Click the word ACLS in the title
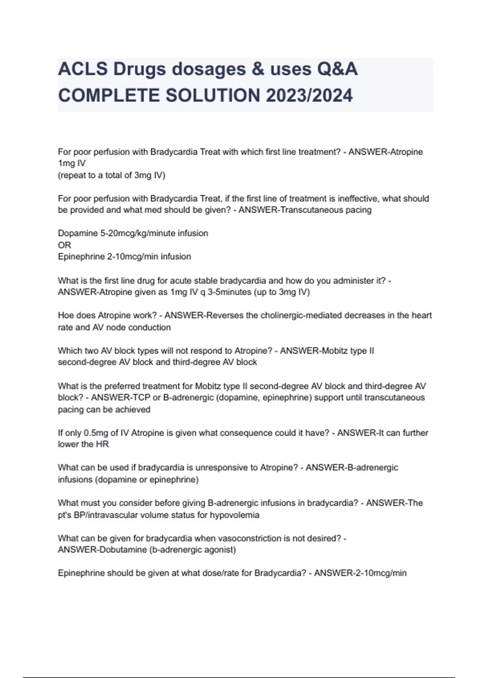pos(83,69)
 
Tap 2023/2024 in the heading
pos(309,96)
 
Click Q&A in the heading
pos(337,69)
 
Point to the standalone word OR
pos(64,245)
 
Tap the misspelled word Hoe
pos(65,315)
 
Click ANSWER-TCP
pos(117,398)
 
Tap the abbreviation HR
pos(102,444)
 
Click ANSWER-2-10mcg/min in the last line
pos(360,574)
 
